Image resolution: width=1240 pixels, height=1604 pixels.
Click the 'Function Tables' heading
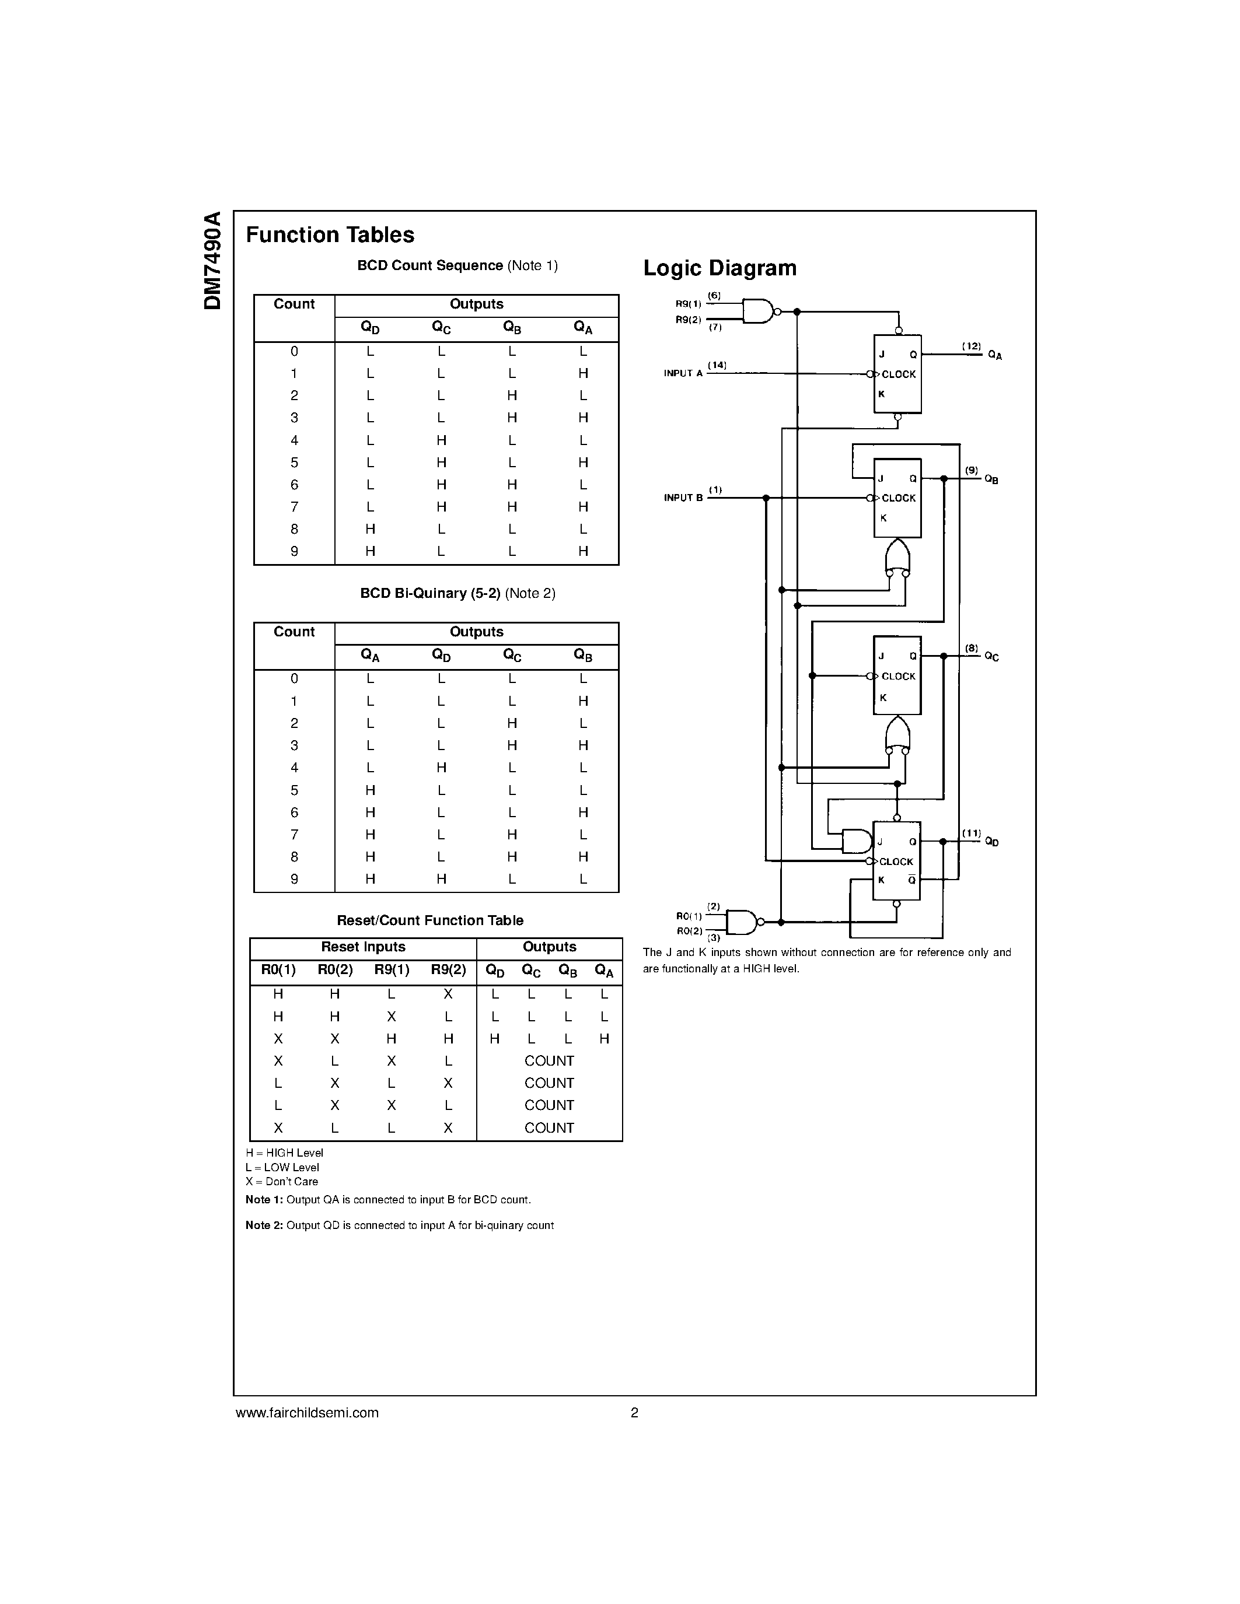tap(330, 235)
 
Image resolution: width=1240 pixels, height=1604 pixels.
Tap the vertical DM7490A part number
tap(212, 261)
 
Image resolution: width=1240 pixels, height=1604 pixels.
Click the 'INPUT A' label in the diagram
tap(683, 374)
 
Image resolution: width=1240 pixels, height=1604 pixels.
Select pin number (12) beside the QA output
tap(971, 346)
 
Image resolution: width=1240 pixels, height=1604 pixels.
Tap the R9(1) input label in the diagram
tap(689, 304)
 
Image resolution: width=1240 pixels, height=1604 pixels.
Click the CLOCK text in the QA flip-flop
tap(899, 374)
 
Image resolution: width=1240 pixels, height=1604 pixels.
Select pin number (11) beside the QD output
tap(971, 833)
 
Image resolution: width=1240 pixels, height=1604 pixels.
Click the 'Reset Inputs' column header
tap(363, 947)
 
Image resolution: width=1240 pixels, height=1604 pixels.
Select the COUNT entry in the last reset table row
tap(549, 1127)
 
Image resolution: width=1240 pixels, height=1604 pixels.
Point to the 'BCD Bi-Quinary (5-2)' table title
tap(429, 593)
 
